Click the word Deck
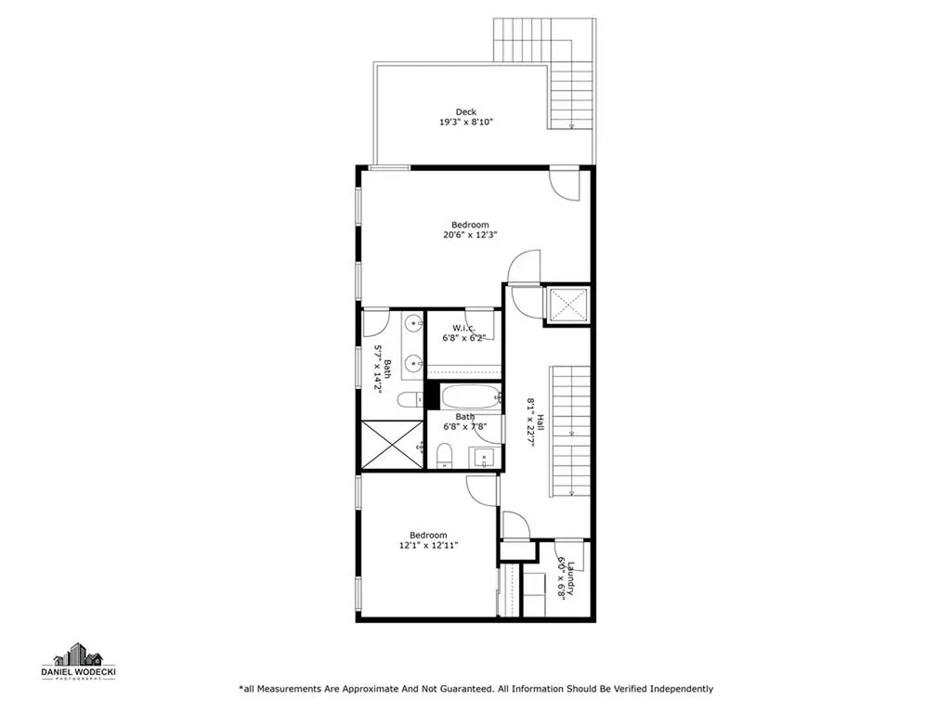pyautogui.click(x=465, y=112)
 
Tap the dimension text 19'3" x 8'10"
pyautogui.click(x=465, y=123)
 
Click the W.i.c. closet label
pyautogui.click(x=464, y=328)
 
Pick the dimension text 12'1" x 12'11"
pyautogui.click(x=429, y=546)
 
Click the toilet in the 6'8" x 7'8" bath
pyautogui.click(x=446, y=455)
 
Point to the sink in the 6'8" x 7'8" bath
pyautogui.click(x=483, y=456)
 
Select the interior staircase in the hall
pyautogui.click(x=571, y=432)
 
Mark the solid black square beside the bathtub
pyautogui.click(x=431, y=395)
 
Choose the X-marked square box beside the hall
pyautogui.click(x=566, y=305)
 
